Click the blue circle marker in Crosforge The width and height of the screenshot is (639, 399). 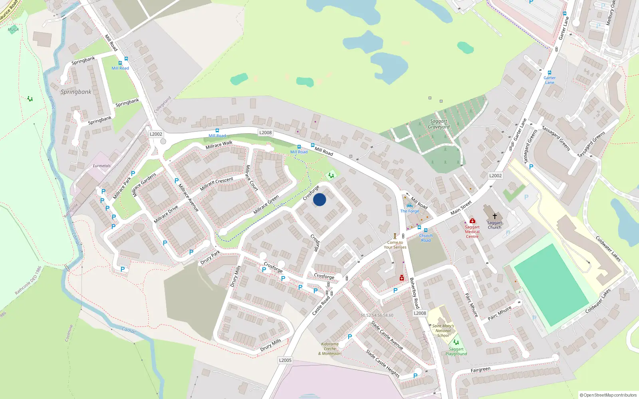coord(319,199)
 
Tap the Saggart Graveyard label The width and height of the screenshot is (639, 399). coord(439,124)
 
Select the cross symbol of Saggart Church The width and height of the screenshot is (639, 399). coord(494,216)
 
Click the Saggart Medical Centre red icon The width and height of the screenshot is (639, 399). coord(472,221)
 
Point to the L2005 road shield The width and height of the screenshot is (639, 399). coord(285,360)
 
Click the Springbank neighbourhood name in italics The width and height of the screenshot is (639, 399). coord(76,92)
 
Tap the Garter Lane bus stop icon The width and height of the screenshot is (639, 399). coord(550,73)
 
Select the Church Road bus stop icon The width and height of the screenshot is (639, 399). coord(426,230)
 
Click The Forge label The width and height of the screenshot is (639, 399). coord(410,211)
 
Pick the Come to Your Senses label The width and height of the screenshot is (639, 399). coord(395,245)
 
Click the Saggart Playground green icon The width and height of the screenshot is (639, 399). coord(456,342)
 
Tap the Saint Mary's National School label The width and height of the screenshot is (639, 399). coord(443,331)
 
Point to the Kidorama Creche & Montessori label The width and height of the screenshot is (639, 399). coord(330,349)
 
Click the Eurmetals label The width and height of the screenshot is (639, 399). coord(101,166)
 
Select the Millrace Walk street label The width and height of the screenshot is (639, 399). coord(219,145)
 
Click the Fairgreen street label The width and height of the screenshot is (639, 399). coord(480,370)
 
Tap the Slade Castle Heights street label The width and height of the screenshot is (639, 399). coord(383,363)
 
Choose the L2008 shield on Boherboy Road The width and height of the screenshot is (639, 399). coord(420,313)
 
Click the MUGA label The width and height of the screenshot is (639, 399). coord(13,30)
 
